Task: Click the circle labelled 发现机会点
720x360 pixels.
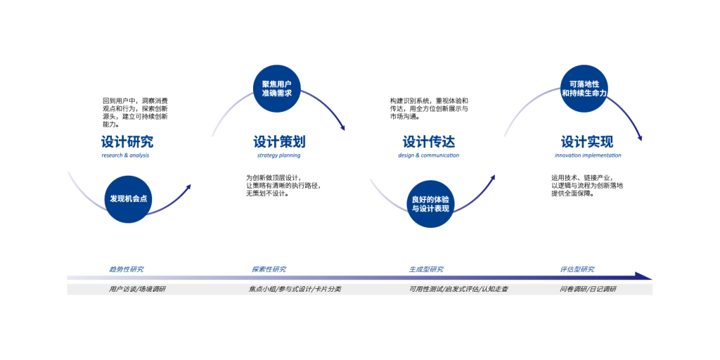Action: pos(128,199)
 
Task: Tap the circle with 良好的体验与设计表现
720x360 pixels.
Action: pos(430,204)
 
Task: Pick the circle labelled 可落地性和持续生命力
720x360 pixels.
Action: pos(584,89)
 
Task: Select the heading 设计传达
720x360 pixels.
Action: pos(427,141)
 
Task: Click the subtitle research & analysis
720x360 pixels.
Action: pos(127,156)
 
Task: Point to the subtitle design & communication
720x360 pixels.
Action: pos(428,156)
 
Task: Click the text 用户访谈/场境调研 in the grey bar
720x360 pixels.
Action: pos(137,289)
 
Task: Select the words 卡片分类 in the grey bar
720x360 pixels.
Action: pos(328,289)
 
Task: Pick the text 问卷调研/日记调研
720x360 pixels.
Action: pos(588,289)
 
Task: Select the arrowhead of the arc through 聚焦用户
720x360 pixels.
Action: pos(342,127)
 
